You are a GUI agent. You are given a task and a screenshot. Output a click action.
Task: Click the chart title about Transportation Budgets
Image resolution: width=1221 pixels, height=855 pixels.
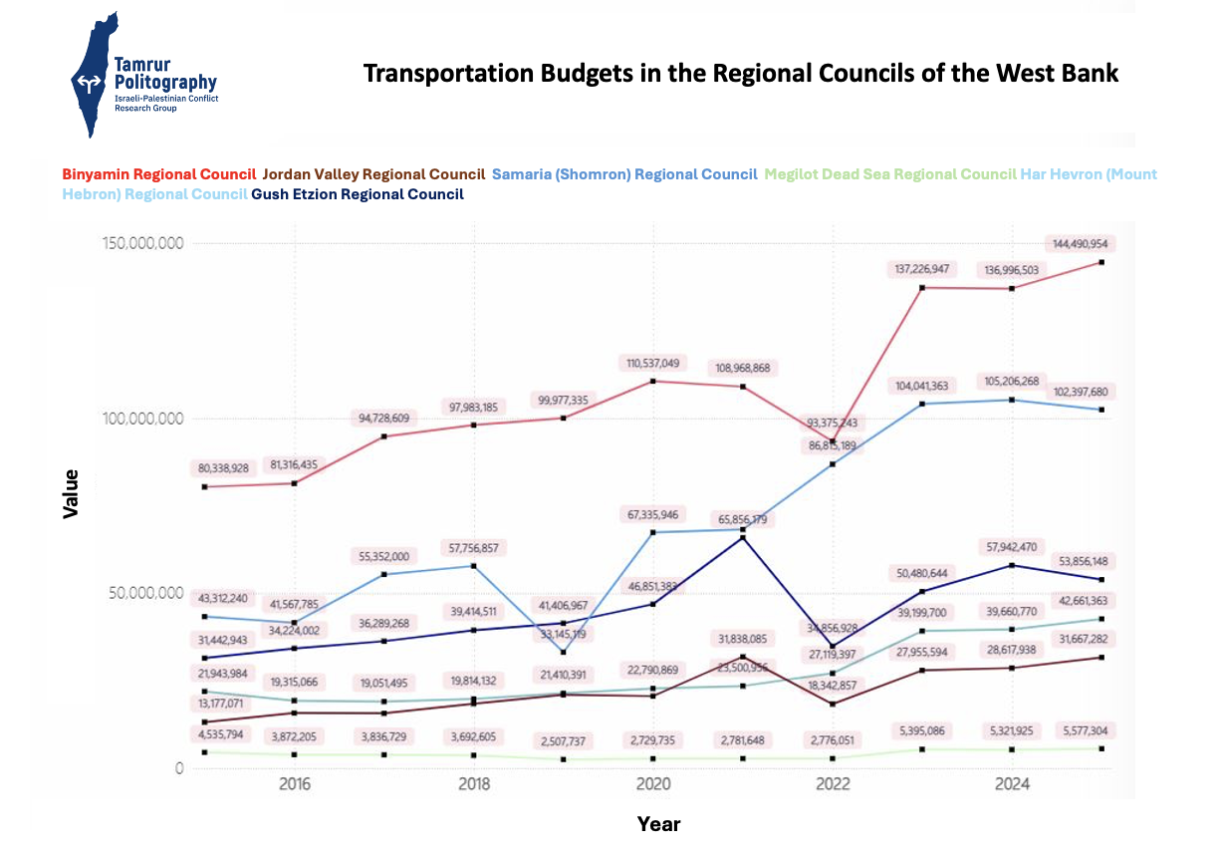(x=740, y=74)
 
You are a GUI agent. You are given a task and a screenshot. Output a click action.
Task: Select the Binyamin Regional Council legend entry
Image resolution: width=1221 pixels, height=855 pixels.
(x=158, y=174)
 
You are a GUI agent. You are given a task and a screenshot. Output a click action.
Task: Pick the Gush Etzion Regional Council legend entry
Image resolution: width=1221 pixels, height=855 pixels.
(x=358, y=194)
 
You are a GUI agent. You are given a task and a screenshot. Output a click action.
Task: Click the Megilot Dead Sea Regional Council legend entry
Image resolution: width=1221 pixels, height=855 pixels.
(x=890, y=174)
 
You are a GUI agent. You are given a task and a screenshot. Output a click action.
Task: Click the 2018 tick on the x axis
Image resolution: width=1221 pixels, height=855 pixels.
(x=473, y=784)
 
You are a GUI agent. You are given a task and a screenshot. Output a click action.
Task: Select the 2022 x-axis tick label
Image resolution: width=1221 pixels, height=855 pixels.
(x=832, y=784)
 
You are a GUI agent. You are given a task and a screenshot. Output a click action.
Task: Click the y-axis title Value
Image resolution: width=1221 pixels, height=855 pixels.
(x=71, y=493)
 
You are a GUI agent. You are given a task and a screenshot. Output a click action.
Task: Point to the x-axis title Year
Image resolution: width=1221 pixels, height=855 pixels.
(x=658, y=824)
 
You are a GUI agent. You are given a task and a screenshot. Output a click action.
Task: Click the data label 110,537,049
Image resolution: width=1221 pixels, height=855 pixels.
(x=653, y=363)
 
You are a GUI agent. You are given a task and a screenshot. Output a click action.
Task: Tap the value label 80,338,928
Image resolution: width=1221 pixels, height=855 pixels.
(x=227, y=467)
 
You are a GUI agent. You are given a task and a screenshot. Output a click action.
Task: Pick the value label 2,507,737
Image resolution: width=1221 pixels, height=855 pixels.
(x=564, y=740)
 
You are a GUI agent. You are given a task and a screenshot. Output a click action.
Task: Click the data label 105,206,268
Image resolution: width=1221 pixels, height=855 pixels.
(x=1013, y=381)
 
